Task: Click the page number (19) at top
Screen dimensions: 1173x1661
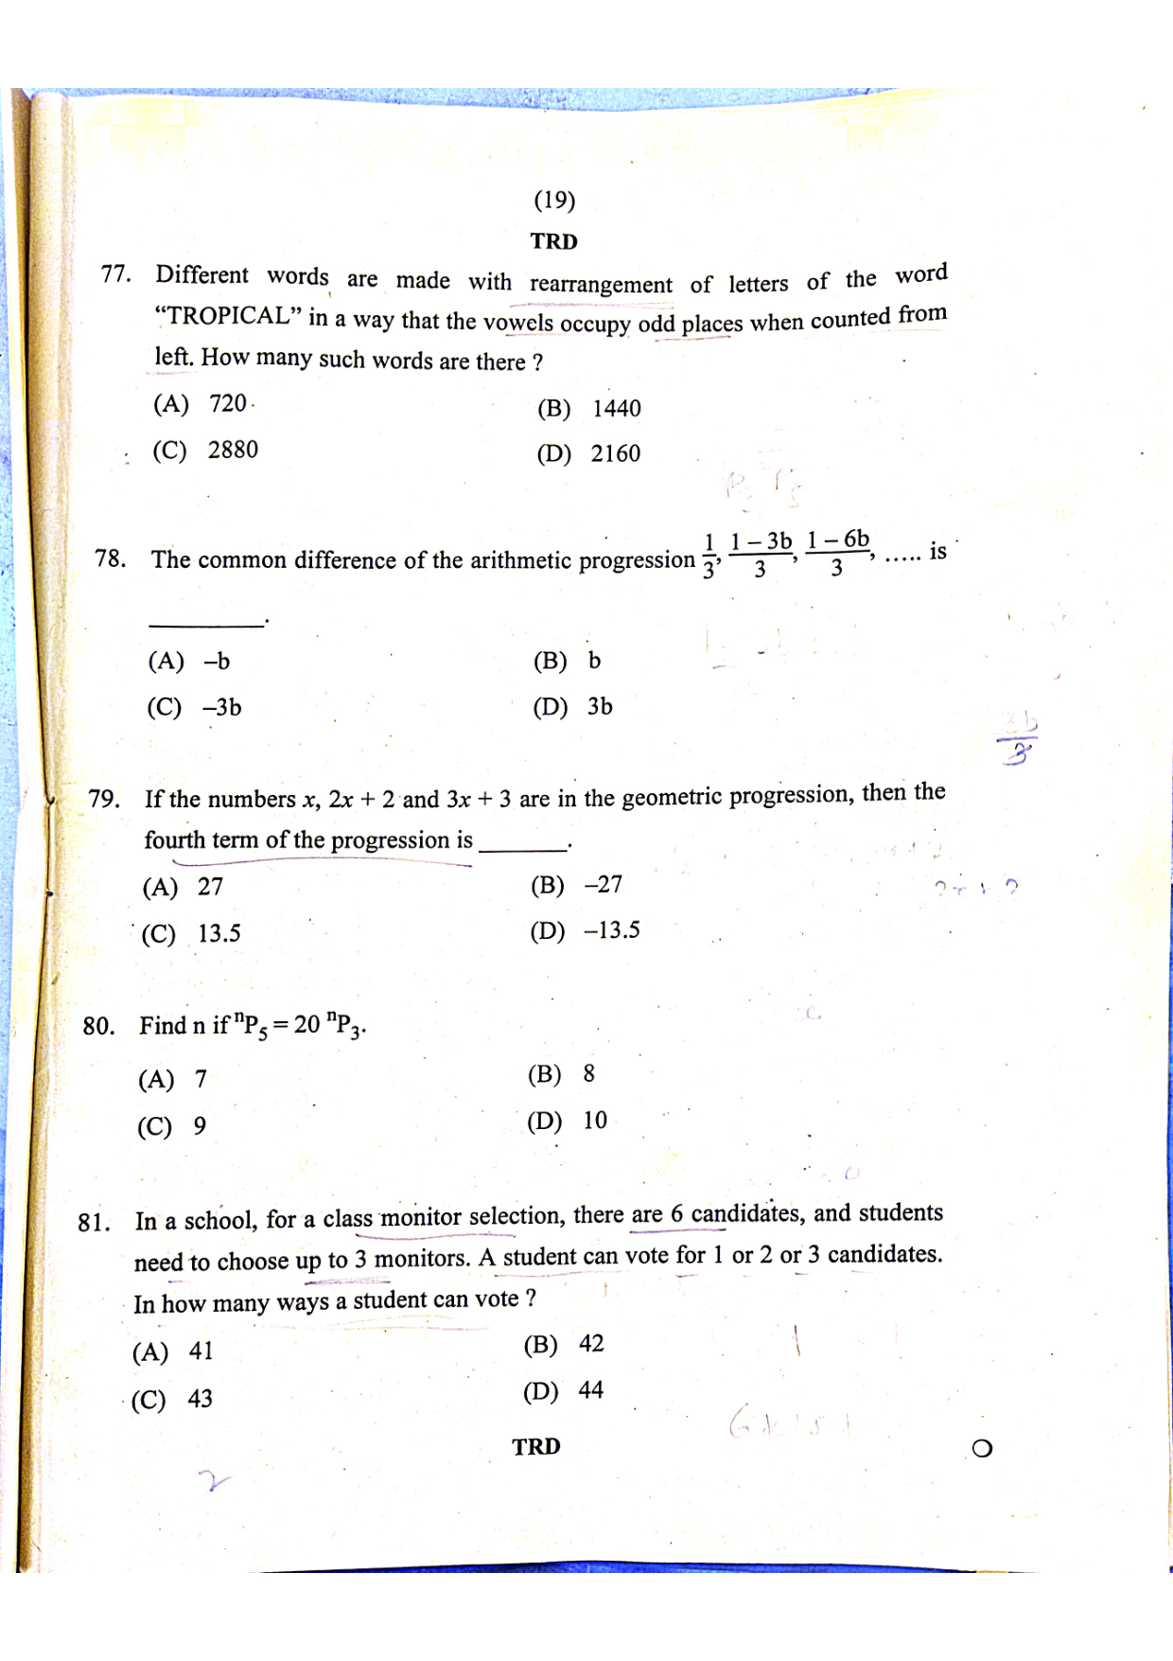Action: [x=554, y=200]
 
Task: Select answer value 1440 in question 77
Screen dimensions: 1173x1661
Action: [x=617, y=408]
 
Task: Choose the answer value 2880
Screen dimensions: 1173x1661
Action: [x=233, y=450]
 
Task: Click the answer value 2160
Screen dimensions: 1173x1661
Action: [x=615, y=453]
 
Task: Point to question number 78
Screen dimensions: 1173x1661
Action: [x=110, y=558]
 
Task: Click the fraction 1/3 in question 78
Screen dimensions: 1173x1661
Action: [x=709, y=556]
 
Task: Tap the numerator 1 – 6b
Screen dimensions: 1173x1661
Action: [x=837, y=539]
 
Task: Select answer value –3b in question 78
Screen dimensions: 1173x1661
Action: [x=222, y=707]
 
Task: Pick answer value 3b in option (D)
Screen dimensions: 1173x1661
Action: [x=600, y=706]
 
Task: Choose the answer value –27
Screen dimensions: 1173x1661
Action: [x=604, y=884]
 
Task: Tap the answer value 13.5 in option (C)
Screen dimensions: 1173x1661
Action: [x=219, y=933]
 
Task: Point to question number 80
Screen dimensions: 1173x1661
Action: [x=98, y=1026]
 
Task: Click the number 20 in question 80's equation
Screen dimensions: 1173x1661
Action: [x=306, y=1024]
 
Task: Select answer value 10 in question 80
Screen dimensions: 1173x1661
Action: [x=595, y=1121]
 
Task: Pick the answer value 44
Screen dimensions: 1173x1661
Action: [x=591, y=1389]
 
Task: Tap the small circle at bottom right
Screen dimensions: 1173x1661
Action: [x=982, y=1448]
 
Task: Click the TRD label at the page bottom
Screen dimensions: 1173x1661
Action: [x=535, y=1446]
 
